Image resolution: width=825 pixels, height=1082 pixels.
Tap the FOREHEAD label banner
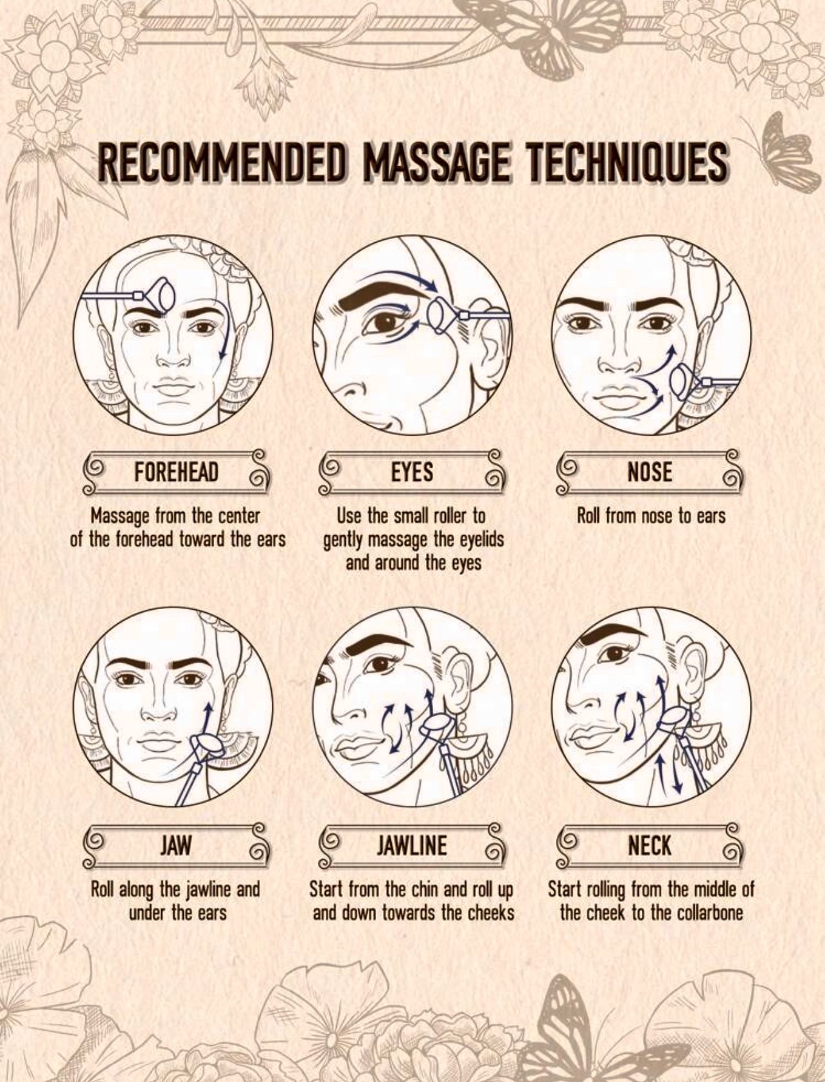(x=177, y=472)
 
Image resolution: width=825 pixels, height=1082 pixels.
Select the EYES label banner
(x=412, y=472)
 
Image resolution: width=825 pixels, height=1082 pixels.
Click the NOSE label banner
(x=650, y=472)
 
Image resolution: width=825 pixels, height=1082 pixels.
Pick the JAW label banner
(x=177, y=845)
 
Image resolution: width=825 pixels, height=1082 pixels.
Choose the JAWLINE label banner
(x=412, y=845)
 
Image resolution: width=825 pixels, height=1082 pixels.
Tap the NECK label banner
(x=650, y=845)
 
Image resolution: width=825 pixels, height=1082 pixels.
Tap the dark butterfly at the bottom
(x=565, y=1022)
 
